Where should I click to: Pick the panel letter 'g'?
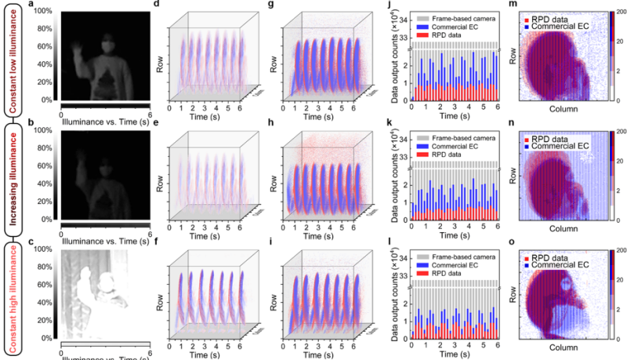point(272,6)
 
